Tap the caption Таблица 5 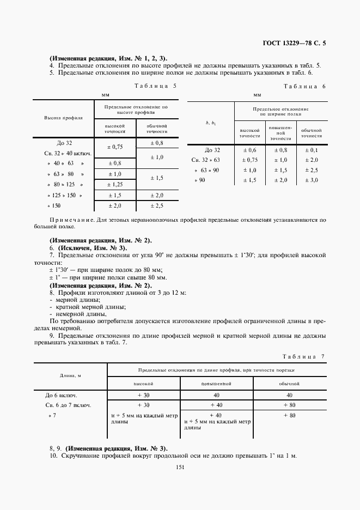(155, 86)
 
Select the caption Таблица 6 (305, 87)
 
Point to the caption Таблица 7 (304, 356)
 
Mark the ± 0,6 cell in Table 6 (249, 150)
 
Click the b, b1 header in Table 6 (211, 124)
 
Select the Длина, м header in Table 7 (71, 375)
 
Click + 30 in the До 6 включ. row (144, 395)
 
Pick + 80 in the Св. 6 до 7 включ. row (289, 405)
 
